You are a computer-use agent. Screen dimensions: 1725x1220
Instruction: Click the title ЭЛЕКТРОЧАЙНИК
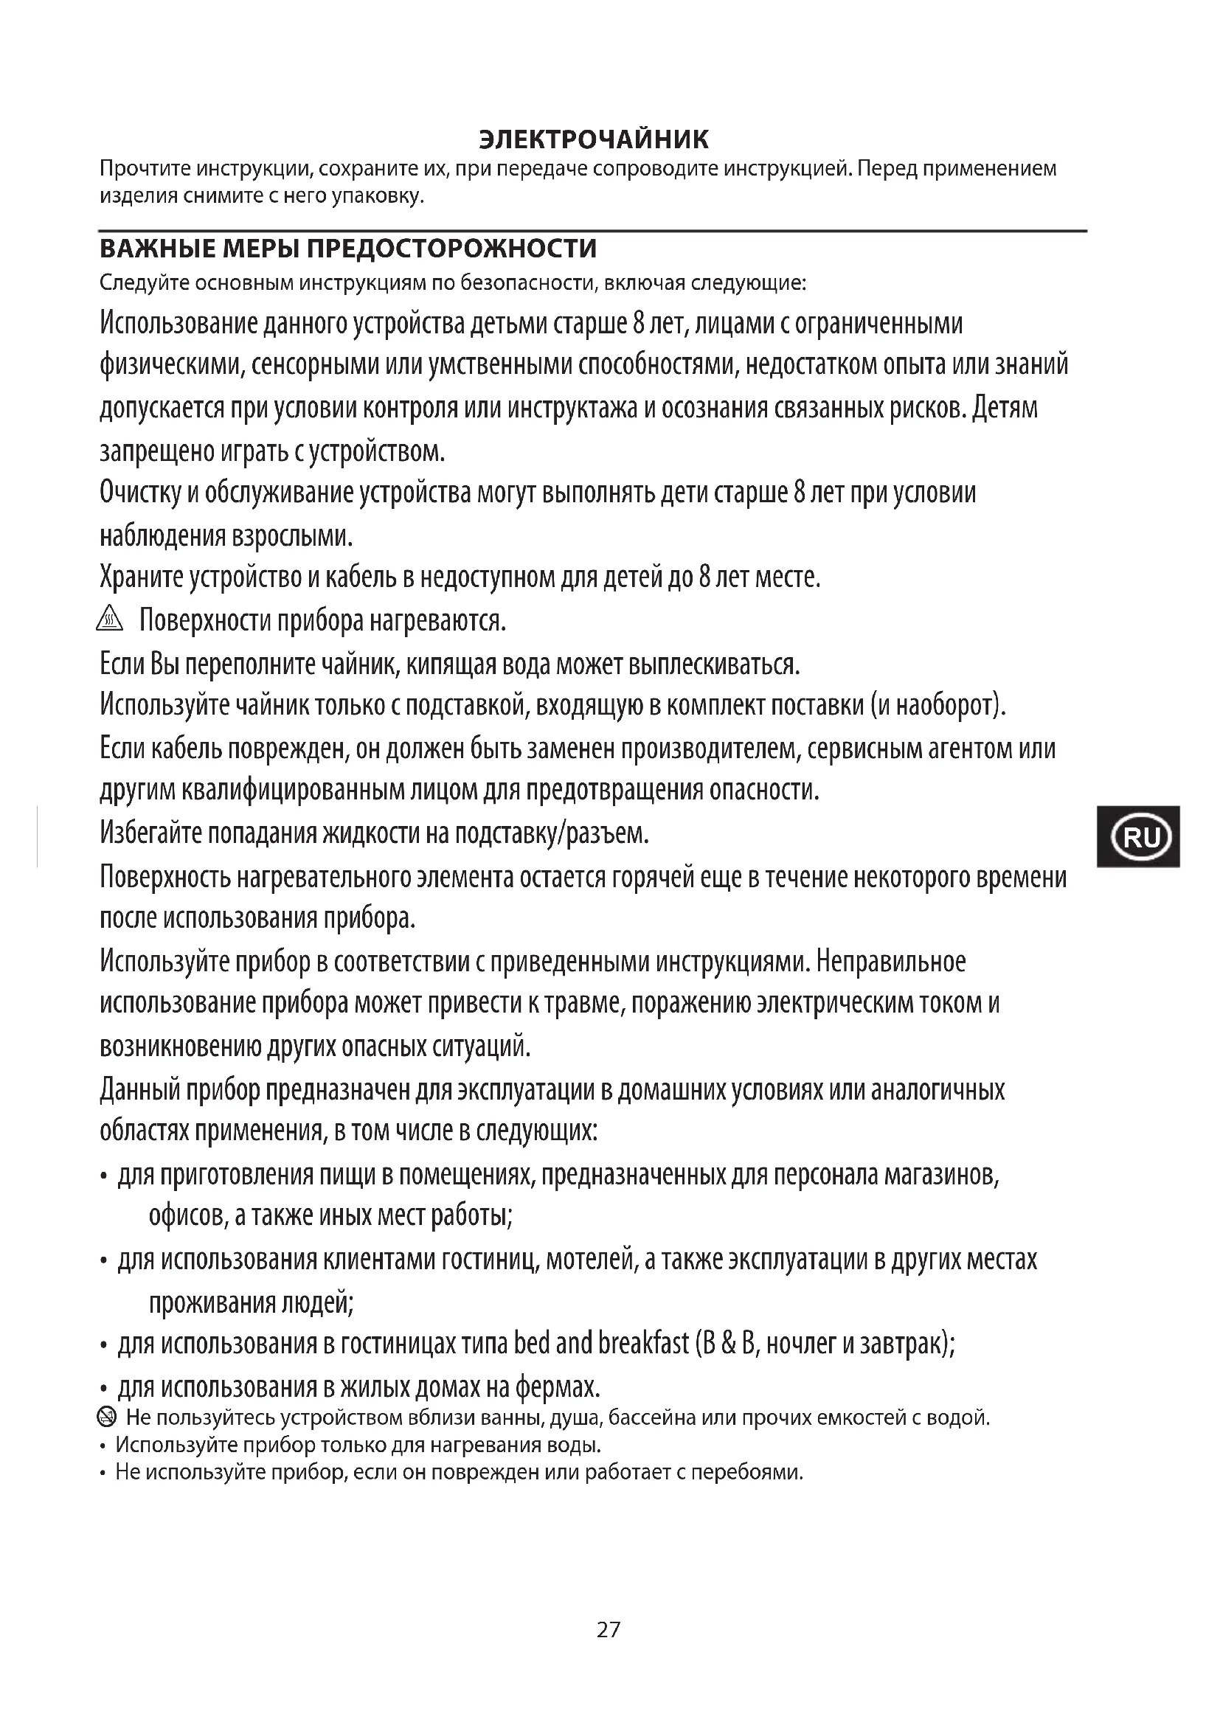pos(594,139)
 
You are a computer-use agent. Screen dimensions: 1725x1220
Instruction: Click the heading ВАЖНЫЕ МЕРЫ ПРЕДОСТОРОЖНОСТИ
pos(348,249)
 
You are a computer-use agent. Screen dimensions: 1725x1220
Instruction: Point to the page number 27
pos(609,1630)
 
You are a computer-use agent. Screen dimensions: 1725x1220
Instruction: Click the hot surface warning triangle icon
pos(110,619)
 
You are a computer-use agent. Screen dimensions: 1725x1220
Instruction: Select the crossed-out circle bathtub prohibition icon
pos(108,1417)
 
